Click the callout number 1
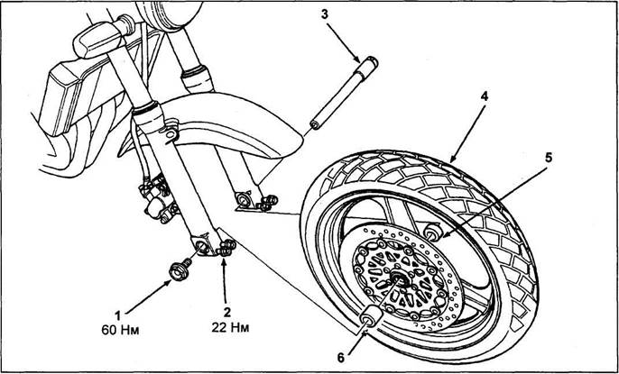tap(117, 315)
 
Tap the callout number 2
tap(227, 313)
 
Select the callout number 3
tap(325, 15)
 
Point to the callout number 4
tap(484, 97)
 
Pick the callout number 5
tap(549, 158)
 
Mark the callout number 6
tap(341, 358)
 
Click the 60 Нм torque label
tap(120, 330)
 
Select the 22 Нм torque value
tap(230, 328)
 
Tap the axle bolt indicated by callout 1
tap(180, 270)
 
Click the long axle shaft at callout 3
tap(344, 93)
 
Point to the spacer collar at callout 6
tap(371, 316)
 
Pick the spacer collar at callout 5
tap(434, 233)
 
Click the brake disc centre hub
tap(400, 279)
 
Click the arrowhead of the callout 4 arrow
tap(451, 160)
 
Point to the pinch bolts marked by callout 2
tap(226, 249)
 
